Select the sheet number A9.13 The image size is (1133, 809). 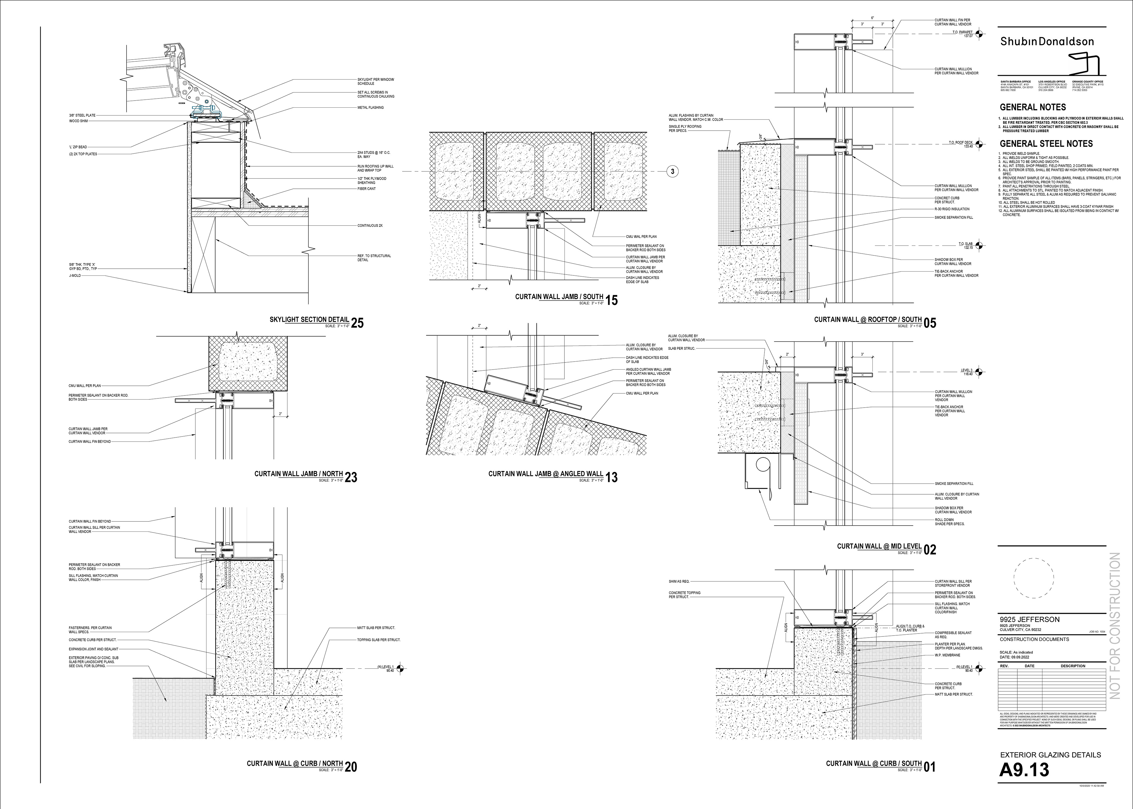click(x=1024, y=770)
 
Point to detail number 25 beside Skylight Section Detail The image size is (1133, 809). click(x=357, y=323)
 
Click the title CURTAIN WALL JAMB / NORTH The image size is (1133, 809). click(x=299, y=474)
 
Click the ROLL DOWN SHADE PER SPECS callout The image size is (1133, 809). click(x=949, y=521)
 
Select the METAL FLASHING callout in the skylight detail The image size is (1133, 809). click(x=370, y=108)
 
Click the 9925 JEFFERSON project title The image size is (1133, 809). click(x=1029, y=619)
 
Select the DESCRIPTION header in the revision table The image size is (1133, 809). click(x=1073, y=666)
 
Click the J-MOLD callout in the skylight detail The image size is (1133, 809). click(x=75, y=275)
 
